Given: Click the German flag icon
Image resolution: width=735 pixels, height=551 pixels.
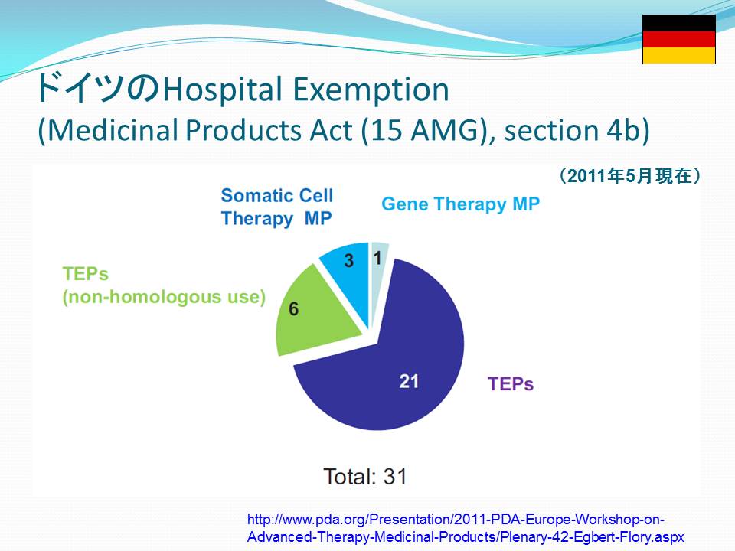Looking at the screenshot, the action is click(x=679, y=39).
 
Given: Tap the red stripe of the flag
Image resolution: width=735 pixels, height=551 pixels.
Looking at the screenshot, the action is click(x=679, y=39).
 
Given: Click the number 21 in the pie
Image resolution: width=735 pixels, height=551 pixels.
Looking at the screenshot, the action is click(x=409, y=381).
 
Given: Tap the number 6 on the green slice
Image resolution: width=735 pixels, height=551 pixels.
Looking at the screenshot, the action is click(x=294, y=308).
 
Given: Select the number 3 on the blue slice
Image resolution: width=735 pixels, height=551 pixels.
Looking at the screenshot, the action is click(x=349, y=260).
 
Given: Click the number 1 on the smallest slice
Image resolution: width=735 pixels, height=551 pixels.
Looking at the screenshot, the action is click(x=377, y=258).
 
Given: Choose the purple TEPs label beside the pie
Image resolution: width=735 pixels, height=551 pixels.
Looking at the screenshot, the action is click(x=511, y=383).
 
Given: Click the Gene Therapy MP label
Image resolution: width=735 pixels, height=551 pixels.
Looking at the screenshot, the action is click(x=460, y=204).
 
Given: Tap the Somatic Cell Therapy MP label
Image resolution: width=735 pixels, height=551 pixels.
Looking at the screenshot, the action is click(x=277, y=207).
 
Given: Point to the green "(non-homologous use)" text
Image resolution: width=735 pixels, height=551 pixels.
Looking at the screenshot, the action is click(x=164, y=297).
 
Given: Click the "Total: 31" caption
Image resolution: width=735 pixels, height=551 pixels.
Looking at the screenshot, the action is click(x=365, y=477).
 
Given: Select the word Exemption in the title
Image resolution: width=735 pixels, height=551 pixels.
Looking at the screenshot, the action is click(x=371, y=89).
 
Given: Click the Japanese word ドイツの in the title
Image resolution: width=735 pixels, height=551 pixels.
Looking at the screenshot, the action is click(x=98, y=87).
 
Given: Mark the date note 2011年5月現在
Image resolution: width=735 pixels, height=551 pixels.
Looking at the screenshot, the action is click(x=629, y=176).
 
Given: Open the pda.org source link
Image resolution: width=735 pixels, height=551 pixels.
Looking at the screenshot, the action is click(x=465, y=528).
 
